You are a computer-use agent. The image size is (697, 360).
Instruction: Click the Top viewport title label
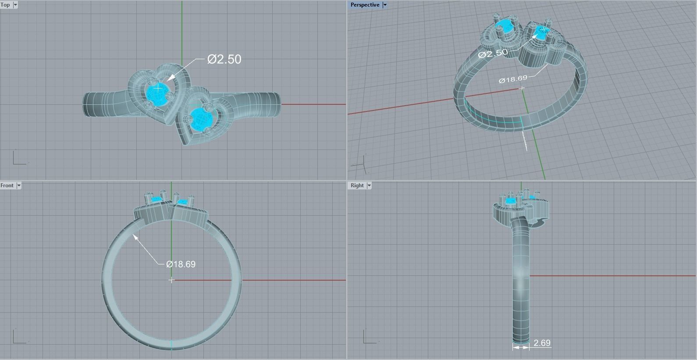click(x=6, y=5)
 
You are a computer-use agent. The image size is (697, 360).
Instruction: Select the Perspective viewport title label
click(x=365, y=5)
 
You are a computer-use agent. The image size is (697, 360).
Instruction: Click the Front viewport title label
click(x=7, y=185)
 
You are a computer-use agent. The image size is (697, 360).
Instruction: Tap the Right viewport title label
click(x=357, y=185)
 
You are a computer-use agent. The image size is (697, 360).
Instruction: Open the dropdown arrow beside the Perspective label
click(x=385, y=5)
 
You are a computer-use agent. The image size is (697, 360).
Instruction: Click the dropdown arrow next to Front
click(x=19, y=185)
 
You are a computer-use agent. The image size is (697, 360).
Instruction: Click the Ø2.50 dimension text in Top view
click(x=224, y=59)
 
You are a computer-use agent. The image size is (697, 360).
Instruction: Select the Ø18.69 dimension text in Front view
click(x=181, y=264)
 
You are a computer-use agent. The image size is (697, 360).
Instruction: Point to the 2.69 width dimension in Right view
click(x=542, y=343)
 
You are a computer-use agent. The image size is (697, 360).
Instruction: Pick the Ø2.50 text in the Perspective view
click(x=493, y=53)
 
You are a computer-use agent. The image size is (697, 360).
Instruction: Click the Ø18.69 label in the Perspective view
click(x=513, y=79)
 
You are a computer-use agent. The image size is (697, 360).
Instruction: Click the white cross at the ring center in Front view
click(x=171, y=280)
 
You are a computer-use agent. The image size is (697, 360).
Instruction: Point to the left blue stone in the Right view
click(x=511, y=201)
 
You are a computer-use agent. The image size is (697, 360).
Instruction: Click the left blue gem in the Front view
click(x=156, y=199)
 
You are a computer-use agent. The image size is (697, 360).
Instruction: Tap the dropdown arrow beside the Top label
click(x=15, y=5)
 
